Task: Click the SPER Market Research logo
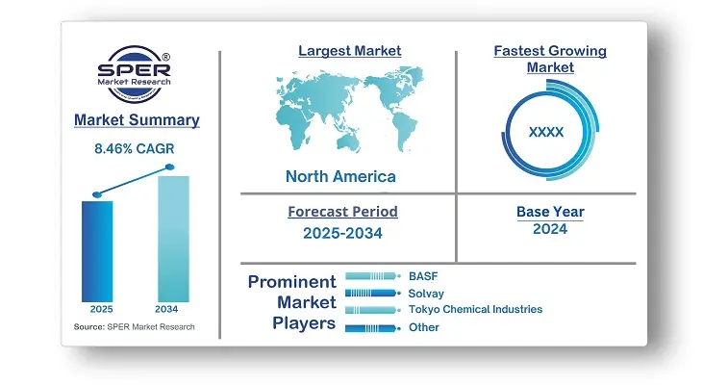coord(134,74)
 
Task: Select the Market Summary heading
coord(137,119)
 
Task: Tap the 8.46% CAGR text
coord(134,148)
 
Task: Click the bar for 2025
coord(97,251)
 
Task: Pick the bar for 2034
coord(173,239)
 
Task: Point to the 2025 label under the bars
coord(101,309)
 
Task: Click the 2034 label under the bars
coord(166,309)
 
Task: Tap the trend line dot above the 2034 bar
coord(170,167)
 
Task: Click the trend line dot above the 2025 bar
coord(97,194)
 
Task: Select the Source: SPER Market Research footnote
coord(134,327)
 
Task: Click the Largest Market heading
coord(350,51)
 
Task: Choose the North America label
coord(340,176)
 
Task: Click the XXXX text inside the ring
coord(546,132)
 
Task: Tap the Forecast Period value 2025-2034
coord(342,233)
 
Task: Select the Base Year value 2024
coord(550,229)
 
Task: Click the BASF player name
coord(423,276)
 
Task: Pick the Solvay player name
coord(426,294)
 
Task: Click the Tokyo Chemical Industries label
coord(476,309)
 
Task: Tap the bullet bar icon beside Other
coord(373,328)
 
